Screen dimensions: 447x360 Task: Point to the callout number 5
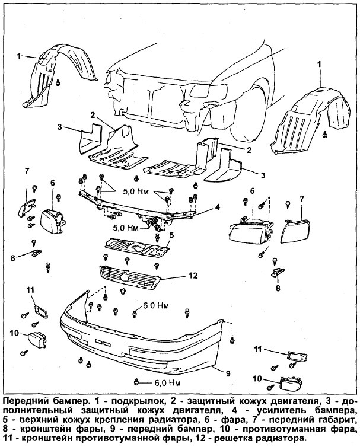171,235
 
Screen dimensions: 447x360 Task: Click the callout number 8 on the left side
12,258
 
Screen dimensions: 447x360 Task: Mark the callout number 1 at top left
18,56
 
